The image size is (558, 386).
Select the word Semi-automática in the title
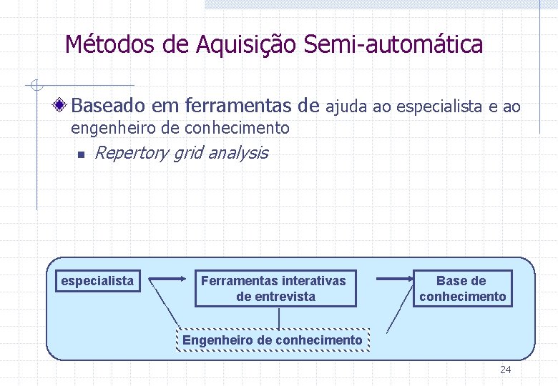point(393,45)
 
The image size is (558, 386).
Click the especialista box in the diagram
point(97,281)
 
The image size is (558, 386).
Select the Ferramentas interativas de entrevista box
point(275,289)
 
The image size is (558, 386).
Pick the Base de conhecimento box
point(462,289)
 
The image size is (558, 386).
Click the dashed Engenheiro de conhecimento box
point(272,340)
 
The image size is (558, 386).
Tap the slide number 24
point(506,370)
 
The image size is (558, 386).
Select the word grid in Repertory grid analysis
point(190,152)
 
